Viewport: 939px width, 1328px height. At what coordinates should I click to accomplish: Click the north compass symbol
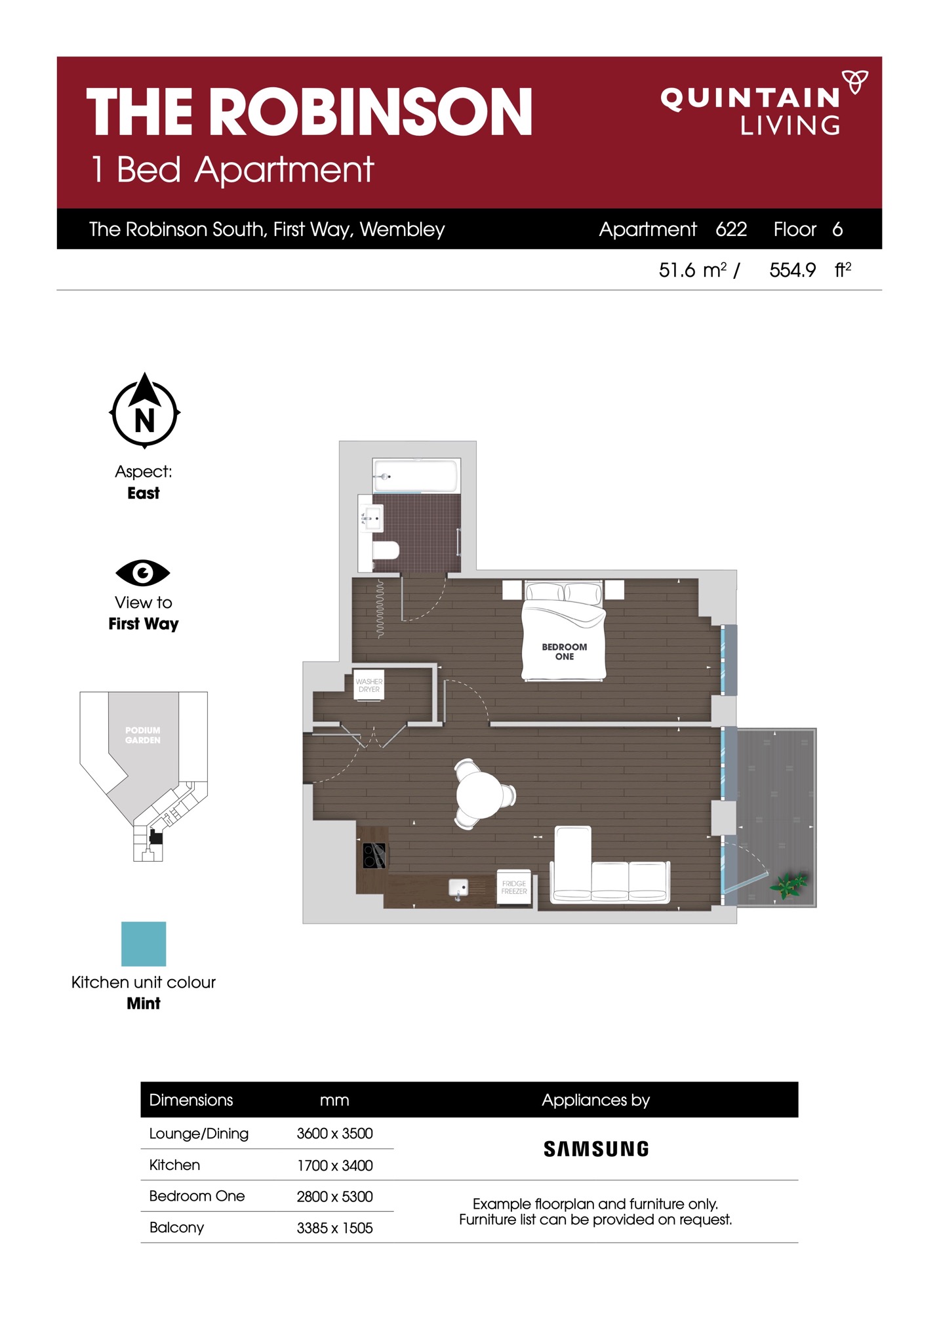[144, 411]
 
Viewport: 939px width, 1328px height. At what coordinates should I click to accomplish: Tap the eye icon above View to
[143, 573]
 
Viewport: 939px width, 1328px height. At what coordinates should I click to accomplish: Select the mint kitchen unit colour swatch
[144, 944]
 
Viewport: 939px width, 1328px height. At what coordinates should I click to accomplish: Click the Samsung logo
[596, 1148]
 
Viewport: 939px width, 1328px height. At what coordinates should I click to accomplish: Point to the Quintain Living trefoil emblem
[855, 81]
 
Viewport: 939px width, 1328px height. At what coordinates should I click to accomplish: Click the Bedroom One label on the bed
[565, 651]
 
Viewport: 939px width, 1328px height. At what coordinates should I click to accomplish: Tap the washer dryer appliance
[369, 685]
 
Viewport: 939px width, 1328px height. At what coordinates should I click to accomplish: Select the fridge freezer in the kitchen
[514, 887]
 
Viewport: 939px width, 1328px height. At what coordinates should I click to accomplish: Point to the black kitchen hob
[374, 856]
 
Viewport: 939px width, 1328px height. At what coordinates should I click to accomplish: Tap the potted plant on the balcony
[789, 885]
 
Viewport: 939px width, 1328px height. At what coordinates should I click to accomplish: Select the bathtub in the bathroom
[416, 475]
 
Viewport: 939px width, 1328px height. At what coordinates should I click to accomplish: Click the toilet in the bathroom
[385, 550]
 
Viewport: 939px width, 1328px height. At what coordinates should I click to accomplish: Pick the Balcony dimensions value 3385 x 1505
[334, 1228]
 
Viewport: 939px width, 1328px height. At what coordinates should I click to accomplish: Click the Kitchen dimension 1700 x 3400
[334, 1165]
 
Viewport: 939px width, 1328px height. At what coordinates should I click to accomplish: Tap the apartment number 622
[731, 229]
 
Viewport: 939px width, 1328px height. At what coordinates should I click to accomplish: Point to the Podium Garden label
[143, 735]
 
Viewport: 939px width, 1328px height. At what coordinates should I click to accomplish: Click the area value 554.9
[793, 270]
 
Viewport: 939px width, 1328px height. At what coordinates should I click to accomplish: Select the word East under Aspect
[144, 493]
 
